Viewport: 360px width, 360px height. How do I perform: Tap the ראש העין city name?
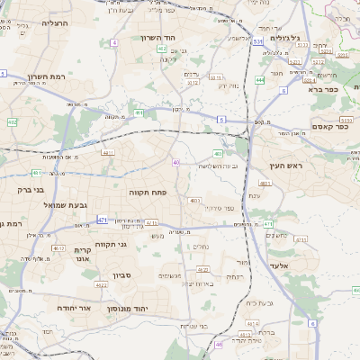tap(288, 166)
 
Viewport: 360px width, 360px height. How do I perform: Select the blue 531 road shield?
tap(257, 41)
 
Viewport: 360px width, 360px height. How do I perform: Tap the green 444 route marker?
tap(259, 80)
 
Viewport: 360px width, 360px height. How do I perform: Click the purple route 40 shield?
tap(175, 162)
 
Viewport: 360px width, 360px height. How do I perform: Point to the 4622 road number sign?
tap(102, 285)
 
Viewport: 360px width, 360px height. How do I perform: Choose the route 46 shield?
tap(219, 344)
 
